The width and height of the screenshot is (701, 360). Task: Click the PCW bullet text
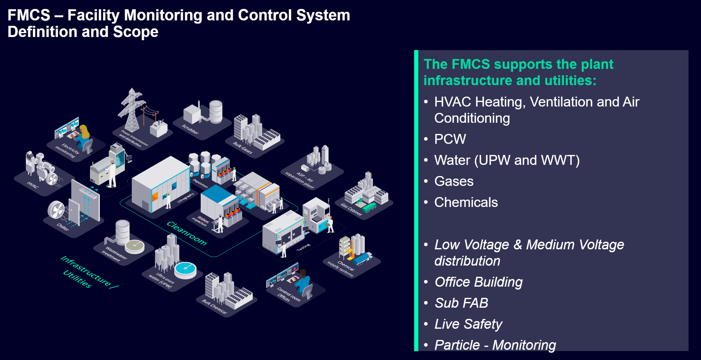pyautogui.click(x=450, y=139)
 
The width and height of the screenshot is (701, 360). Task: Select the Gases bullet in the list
pyautogui.click(x=454, y=181)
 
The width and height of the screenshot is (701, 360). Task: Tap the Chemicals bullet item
pyautogui.click(x=466, y=202)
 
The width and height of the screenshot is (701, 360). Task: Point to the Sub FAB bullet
pyautogui.click(x=461, y=303)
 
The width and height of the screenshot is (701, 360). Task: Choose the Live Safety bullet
pyautogui.click(x=468, y=324)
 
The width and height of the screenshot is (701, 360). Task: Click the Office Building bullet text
pyautogui.click(x=479, y=282)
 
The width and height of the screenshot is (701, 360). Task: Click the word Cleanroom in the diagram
pyautogui.click(x=187, y=233)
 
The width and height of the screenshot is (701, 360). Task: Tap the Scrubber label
pyautogui.click(x=190, y=129)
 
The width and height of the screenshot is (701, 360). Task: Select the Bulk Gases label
pyautogui.click(x=242, y=148)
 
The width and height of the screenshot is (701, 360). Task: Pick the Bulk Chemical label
pyautogui.click(x=214, y=306)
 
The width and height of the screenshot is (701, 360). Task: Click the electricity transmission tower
pyautogui.click(x=131, y=110)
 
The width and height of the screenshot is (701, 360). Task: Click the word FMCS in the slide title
pyautogui.click(x=29, y=15)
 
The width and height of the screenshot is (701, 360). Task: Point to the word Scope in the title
pyautogui.click(x=136, y=32)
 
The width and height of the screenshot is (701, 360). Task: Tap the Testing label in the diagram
pyautogui.click(x=303, y=247)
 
